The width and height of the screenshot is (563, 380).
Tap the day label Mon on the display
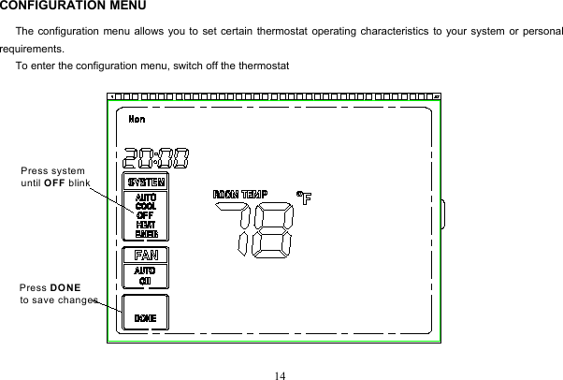pos(137,119)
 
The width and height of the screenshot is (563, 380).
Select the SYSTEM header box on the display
pos(146,182)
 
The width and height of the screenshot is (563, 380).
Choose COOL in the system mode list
pos(146,207)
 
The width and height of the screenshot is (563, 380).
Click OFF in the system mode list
pos(145,216)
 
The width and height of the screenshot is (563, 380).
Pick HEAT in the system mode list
pos(146,225)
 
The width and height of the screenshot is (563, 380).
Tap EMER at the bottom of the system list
pos(146,234)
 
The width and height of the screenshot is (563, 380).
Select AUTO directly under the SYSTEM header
pos(146,197)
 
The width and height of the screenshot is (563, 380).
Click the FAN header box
pos(146,255)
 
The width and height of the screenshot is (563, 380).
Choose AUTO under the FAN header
pos(146,270)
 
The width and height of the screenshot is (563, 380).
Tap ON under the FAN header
pos(146,280)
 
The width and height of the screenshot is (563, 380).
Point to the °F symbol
pos(303,197)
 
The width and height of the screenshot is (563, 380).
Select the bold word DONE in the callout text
pos(65,286)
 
